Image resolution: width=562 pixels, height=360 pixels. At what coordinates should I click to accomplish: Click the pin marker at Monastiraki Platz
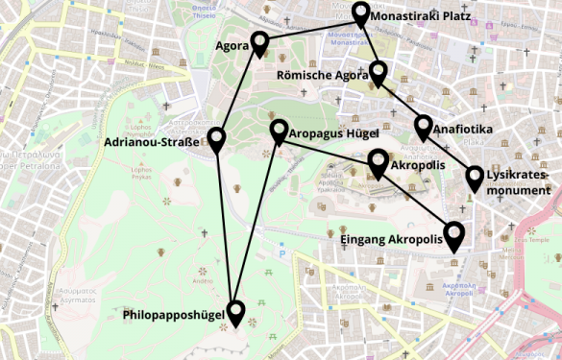(360, 12)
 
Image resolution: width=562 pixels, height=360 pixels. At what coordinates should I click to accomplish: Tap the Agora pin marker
(258, 41)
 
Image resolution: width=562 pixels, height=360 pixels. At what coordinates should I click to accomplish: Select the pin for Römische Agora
(378, 71)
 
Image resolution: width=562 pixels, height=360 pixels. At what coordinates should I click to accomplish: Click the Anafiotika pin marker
(424, 125)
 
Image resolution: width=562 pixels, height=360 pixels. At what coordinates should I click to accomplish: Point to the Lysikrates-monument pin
(475, 177)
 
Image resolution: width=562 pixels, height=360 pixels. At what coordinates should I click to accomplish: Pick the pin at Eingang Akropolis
(453, 232)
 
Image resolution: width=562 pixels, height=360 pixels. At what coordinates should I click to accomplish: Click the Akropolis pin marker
(379, 160)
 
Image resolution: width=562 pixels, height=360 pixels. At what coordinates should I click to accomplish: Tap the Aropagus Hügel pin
(279, 131)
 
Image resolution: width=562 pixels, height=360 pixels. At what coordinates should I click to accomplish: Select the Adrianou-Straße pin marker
(216, 139)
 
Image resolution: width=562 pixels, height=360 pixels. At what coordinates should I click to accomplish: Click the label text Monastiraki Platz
(418, 17)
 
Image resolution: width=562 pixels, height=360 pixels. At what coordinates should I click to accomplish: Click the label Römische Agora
(322, 75)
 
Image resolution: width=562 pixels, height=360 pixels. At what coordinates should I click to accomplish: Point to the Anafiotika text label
(463, 129)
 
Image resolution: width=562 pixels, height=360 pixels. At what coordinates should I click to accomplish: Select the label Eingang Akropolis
(392, 239)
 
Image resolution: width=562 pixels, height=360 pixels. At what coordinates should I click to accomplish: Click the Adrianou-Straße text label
(151, 144)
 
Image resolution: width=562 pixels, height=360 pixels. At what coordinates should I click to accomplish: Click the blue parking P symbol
(281, 254)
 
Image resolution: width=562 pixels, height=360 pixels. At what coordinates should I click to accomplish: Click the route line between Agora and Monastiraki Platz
(309, 27)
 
